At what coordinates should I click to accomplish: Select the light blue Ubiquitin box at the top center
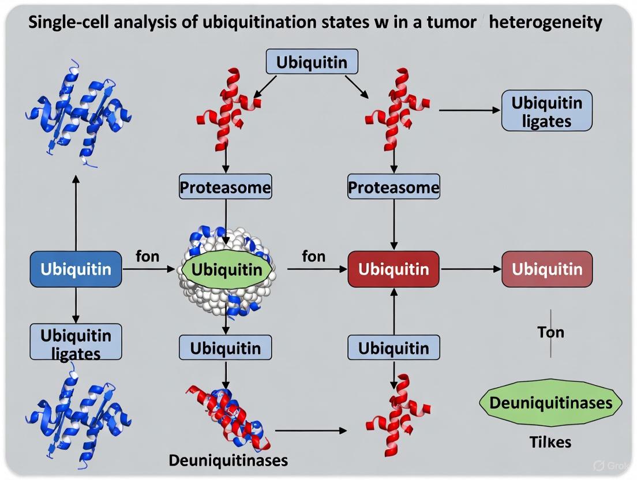(312, 62)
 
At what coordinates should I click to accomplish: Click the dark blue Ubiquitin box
(76, 269)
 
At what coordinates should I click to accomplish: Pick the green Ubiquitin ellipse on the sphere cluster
(227, 269)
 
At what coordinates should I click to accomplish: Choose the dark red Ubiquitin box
(394, 269)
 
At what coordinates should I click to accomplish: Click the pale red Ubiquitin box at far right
(547, 269)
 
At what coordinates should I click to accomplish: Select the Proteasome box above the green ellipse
(225, 187)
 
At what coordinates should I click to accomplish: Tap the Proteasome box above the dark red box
(394, 187)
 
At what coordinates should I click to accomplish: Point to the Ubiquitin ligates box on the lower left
(76, 342)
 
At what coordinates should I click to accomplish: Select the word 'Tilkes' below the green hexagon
(550, 442)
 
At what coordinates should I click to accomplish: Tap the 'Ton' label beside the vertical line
(550, 332)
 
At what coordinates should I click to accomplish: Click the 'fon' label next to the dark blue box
(148, 256)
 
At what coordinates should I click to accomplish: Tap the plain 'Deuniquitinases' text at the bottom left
(228, 460)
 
